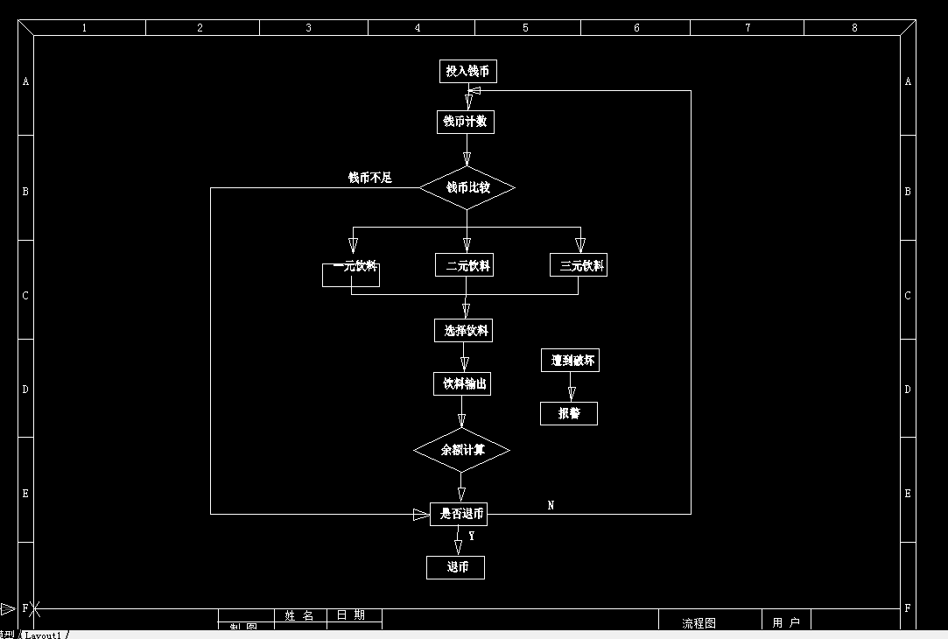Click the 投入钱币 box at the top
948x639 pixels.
(x=467, y=71)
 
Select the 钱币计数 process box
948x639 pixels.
(x=465, y=122)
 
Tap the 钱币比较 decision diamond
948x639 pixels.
(x=467, y=187)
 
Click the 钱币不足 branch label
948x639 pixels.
(x=369, y=178)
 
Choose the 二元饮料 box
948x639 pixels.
(x=464, y=265)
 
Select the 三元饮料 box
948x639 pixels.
(x=578, y=265)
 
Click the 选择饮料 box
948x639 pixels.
(x=463, y=331)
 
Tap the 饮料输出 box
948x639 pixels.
(x=462, y=383)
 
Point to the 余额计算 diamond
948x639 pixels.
(x=461, y=450)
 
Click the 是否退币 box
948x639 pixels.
(x=459, y=514)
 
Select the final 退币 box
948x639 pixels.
(x=455, y=567)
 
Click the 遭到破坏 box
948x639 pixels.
(x=570, y=361)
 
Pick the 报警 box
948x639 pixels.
(x=569, y=413)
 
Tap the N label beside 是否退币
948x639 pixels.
(x=551, y=505)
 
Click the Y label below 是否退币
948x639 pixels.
(x=472, y=536)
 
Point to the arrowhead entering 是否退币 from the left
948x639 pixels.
(x=421, y=515)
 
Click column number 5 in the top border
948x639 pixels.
(x=525, y=28)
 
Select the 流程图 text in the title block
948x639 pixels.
(x=699, y=623)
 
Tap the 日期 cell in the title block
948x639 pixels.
(x=350, y=615)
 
